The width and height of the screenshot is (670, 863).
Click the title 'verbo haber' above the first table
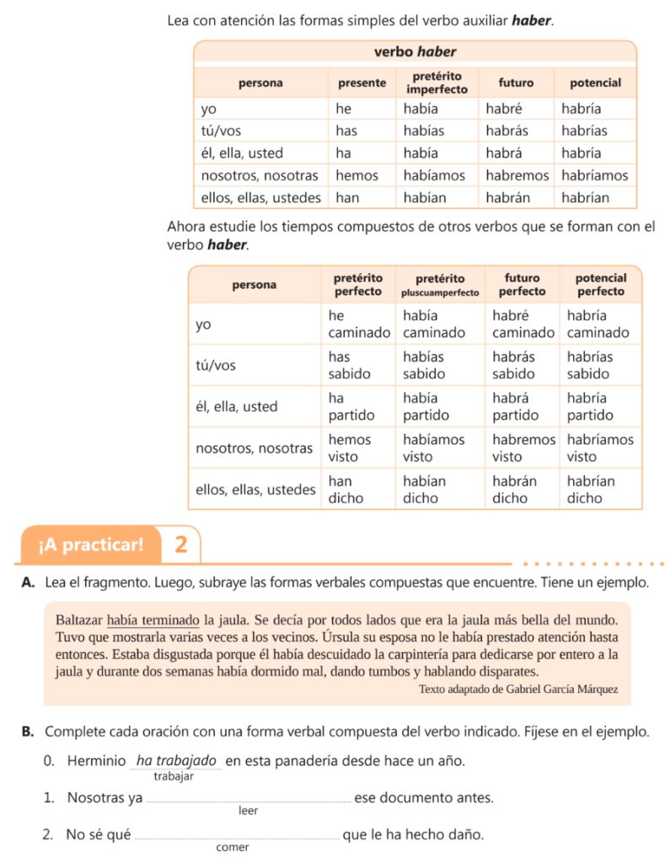[x=415, y=52]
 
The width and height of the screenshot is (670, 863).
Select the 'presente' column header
[x=362, y=83]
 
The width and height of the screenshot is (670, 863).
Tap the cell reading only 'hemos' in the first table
[x=356, y=175]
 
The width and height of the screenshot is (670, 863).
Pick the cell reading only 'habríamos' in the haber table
[x=595, y=175]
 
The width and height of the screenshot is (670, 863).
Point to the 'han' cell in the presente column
[x=346, y=197]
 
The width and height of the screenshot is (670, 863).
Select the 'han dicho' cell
[x=346, y=489]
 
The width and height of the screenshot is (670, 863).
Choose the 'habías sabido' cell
[x=428, y=365]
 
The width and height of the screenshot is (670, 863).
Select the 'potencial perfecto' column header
[x=600, y=284]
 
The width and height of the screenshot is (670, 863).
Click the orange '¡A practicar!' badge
[x=90, y=544]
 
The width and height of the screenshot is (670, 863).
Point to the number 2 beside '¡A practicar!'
[x=181, y=544]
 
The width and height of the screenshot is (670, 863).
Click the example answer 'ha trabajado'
[x=176, y=760]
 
